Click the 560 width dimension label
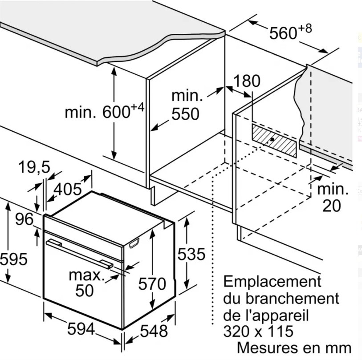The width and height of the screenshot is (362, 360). (283, 33)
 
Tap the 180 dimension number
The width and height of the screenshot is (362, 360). (247, 81)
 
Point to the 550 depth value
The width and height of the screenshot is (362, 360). (185, 114)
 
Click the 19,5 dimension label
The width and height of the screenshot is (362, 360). (34, 167)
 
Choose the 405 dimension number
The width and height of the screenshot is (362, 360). (67, 189)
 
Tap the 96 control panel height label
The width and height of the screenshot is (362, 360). (24, 219)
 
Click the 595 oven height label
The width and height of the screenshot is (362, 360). (14, 259)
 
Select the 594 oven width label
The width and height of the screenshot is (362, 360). (81, 329)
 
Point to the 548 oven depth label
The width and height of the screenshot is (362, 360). (154, 331)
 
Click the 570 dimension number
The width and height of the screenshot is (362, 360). (152, 283)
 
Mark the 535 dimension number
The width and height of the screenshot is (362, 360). (191, 254)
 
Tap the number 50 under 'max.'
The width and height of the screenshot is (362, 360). (85, 290)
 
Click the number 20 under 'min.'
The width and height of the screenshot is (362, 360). (332, 206)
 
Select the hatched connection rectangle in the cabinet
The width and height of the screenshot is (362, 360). (274, 141)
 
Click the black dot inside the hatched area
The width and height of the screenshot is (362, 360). (273, 139)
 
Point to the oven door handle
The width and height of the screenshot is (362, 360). (79, 254)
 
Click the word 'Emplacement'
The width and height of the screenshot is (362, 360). (272, 281)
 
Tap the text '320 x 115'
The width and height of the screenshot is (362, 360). (258, 331)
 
